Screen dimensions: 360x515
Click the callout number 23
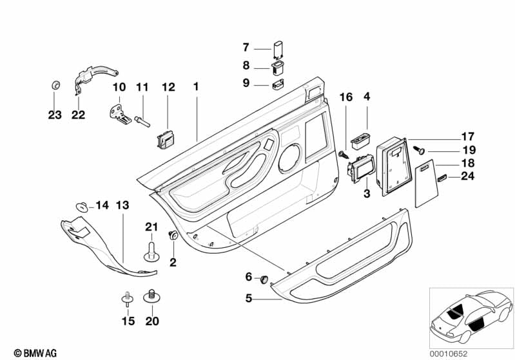click(55, 115)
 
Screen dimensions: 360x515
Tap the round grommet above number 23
click(55, 86)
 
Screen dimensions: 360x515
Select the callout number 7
click(246, 48)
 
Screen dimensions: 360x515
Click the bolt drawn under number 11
click(142, 119)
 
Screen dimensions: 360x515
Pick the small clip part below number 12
click(165, 138)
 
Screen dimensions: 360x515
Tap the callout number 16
click(346, 97)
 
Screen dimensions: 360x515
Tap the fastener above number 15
click(127, 298)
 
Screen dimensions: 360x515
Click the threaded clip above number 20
click(153, 296)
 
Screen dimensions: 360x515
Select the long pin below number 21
click(150, 251)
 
